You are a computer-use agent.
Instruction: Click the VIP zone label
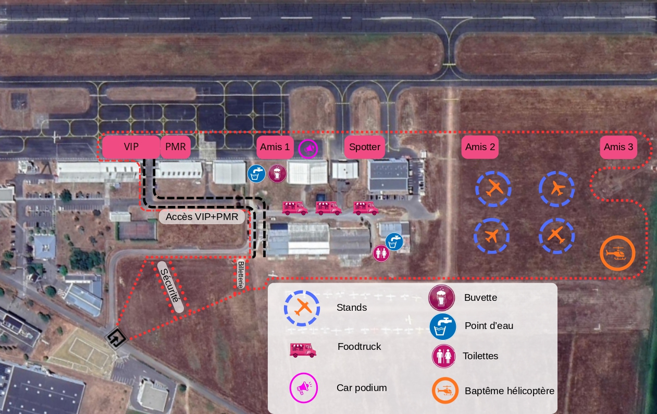click(x=131, y=147)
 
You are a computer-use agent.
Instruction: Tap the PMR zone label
click(x=175, y=147)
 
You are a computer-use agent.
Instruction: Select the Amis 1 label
click(x=275, y=147)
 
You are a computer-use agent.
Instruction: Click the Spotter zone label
click(x=364, y=147)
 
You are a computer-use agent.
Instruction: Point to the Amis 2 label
click(x=480, y=147)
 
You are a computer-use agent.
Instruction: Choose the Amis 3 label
click(x=618, y=147)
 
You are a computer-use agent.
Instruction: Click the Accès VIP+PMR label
click(x=202, y=216)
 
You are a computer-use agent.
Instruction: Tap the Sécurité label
click(x=171, y=286)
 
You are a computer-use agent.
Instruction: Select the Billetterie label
click(x=241, y=275)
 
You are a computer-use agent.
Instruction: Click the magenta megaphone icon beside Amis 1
click(x=308, y=149)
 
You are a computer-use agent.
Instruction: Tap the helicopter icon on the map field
click(x=617, y=253)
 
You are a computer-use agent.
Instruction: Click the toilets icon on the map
click(x=381, y=253)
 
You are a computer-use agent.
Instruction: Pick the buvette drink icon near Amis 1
click(x=277, y=174)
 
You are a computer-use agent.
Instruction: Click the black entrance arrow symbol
click(x=116, y=338)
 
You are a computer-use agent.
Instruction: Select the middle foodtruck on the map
click(x=328, y=208)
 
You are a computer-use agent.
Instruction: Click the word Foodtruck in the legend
click(x=359, y=346)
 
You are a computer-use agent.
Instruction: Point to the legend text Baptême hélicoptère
click(x=509, y=391)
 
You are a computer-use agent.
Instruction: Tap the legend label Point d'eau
click(x=489, y=326)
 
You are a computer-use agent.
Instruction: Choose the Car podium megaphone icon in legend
click(x=303, y=388)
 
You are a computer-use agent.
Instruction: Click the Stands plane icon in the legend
click(x=302, y=308)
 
